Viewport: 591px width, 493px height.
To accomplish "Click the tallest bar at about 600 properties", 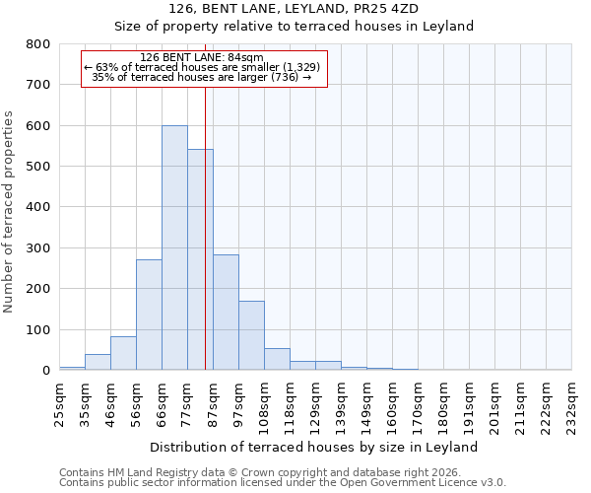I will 174,247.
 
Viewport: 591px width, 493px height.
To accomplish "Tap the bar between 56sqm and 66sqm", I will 149,315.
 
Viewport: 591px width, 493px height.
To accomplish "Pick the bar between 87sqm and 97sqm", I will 226,325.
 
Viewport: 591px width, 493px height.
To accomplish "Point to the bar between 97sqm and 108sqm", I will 251,335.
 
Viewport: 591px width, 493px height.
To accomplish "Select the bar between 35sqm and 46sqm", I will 98,362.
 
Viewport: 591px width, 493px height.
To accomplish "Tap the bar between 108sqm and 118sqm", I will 277,359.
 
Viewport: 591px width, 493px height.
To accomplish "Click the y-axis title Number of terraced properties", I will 9,211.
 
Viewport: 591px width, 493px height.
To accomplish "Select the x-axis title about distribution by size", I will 316,447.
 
